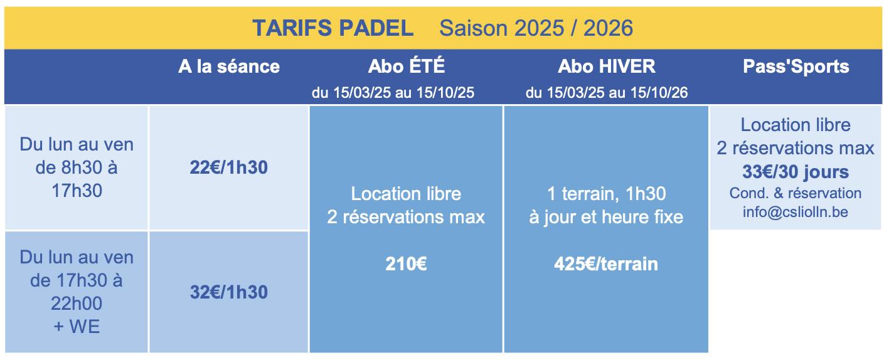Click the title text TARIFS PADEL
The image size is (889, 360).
(333, 28)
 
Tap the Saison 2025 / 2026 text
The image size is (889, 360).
(536, 28)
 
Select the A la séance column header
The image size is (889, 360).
(229, 66)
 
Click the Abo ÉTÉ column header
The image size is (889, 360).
(407, 66)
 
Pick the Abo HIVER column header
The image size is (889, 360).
(607, 66)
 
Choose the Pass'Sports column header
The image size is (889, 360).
(796, 66)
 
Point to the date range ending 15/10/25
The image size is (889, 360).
(393, 92)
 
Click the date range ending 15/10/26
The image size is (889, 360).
(607, 92)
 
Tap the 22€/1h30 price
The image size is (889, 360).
(228, 167)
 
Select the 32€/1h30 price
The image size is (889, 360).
(228, 292)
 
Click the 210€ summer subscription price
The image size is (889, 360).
(406, 264)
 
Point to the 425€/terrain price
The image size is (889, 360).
(606, 264)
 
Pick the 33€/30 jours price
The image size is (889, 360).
(796, 172)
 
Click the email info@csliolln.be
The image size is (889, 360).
(796, 212)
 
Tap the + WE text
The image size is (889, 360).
(77, 327)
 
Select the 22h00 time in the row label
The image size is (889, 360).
(77, 304)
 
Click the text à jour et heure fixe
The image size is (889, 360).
(606, 217)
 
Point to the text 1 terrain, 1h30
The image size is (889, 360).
(606, 194)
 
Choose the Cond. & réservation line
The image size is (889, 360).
(796, 193)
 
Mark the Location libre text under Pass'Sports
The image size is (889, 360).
(796, 125)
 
